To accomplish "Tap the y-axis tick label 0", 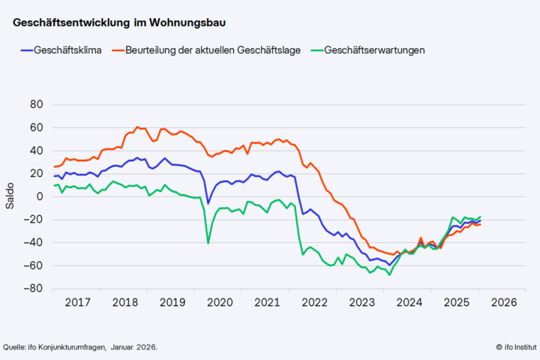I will click(39, 197).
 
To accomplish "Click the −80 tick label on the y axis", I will click(33, 289).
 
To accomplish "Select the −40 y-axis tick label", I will click(33, 243).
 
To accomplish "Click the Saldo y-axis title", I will click(10, 197).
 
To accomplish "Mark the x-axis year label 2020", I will click(219, 302).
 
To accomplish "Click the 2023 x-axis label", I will click(361, 302).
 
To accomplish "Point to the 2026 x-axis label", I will click(503, 302).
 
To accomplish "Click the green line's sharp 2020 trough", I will click(208, 243).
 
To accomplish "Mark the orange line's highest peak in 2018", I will click(137, 127).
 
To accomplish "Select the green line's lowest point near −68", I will click(390, 275).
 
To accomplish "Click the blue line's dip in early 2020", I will click(208, 203).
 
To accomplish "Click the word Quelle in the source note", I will click(15, 347).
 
